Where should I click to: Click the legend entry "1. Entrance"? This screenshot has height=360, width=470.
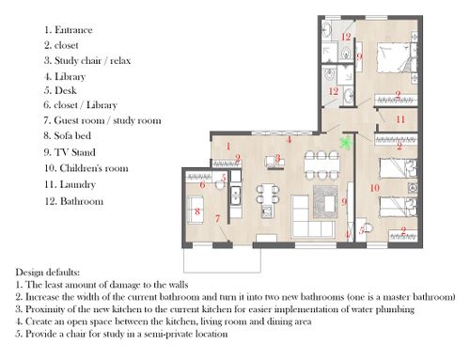[x=69, y=30]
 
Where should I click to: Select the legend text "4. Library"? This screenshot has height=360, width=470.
[x=65, y=76]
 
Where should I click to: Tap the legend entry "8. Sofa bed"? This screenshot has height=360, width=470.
[x=68, y=135]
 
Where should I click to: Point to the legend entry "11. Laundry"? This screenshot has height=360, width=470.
[x=70, y=184]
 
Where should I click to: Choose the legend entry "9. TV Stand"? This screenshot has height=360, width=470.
[x=70, y=152]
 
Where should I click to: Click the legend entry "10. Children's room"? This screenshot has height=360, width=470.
[x=86, y=168]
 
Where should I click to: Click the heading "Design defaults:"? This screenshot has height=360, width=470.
[x=48, y=272]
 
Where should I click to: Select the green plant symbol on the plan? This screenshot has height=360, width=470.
[x=346, y=143]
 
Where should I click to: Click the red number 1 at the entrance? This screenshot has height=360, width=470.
[x=228, y=146]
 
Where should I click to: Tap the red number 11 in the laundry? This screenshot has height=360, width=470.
[x=400, y=119]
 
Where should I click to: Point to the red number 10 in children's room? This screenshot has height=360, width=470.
[x=375, y=188]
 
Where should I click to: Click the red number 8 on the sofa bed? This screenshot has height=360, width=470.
[x=197, y=211]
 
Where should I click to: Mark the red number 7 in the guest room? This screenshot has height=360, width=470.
[x=218, y=218]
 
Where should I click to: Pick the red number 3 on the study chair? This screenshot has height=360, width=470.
[x=277, y=158]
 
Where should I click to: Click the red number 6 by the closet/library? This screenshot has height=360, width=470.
[x=202, y=185]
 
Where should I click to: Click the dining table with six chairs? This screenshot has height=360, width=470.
[x=322, y=165]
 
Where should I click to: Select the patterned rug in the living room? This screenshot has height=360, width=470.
[x=325, y=201]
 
